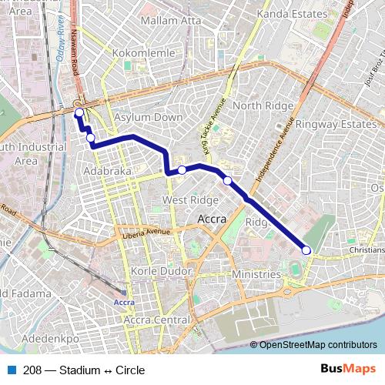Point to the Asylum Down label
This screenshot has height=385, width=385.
(x=148, y=117)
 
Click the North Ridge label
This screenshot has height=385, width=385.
(x=259, y=105)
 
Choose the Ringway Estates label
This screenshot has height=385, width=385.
(x=329, y=122)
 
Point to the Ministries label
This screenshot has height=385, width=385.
(x=257, y=274)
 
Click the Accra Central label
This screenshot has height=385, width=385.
(x=157, y=320)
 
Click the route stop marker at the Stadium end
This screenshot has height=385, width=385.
(x=306, y=249)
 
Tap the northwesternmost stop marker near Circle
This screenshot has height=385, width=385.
(x=79, y=112)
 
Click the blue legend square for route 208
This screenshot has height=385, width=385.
(x=12, y=370)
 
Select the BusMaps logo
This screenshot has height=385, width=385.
(x=348, y=370)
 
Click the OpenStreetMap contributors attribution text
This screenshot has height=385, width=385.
(x=318, y=344)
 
